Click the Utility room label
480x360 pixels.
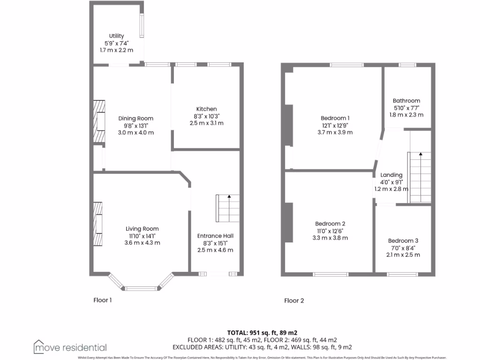click(x=116, y=36)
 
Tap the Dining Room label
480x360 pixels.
click(x=135, y=119)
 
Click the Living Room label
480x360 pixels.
click(x=142, y=229)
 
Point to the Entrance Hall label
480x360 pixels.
click(x=215, y=236)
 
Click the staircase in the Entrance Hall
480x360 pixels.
click(x=227, y=209)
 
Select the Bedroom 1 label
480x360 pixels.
click(x=335, y=118)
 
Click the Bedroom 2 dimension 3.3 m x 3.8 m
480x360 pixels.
click(x=330, y=238)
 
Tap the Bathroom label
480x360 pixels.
click(x=406, y=101)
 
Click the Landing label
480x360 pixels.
click(x=391, y=175)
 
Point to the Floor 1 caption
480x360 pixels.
click(x=103, y=300)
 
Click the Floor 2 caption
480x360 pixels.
click(x=294, y=300)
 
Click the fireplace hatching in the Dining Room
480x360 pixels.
click(x=98, y=120)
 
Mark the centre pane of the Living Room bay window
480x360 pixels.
click(x=142, y=288)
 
